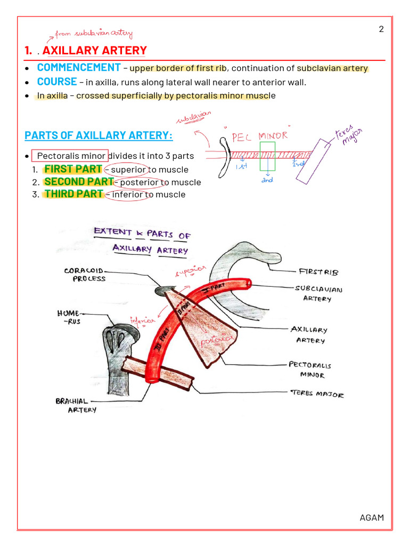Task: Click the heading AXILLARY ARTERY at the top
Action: click(x=94, y=51)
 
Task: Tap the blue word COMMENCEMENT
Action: click(x=78, y=68)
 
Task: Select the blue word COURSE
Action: click(x=56, y=82)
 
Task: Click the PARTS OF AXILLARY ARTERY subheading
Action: click(x=99, y=135)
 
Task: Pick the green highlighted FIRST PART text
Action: click(x=73, y=169)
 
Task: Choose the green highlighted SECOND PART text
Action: click(x=79, y=181)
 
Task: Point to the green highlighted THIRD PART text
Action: click(x=73, y=194)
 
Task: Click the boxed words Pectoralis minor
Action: click(x=71, y=156)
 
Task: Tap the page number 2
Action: click(x=381, y=29)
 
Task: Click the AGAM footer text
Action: click(x=372, y=518)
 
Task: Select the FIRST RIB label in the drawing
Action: click(x=318, y=272)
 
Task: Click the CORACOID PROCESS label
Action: click(x=85, y=275)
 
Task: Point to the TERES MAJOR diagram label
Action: click(x=317, y=394)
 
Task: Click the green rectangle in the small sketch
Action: click(x=267, y=156)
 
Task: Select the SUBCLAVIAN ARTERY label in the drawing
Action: click(x=318, y=293)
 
